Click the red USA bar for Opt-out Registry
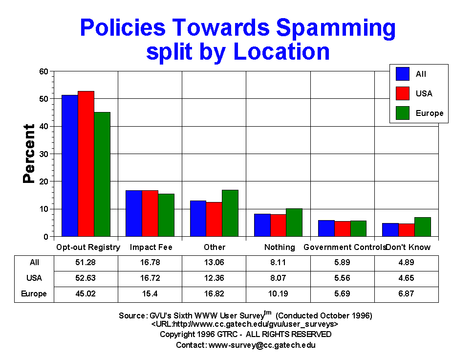[x=86, y=164]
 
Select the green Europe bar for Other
[x=230, y=213]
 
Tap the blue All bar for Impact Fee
[x=134, y=213]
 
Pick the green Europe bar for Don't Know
[x=423, y=227]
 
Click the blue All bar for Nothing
[x=262, y=225]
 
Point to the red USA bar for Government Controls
[x=343, y=229]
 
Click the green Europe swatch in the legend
[x=403, y=113]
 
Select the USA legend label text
[x=424, y=93]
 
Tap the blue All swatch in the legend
[x=403, y=74]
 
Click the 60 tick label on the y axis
[x=43, y=71]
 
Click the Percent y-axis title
[x=29, y=154]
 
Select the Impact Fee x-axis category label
[x=151, y=247]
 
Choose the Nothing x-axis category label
[x=280, y=247]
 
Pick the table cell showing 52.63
[x=86, y=278]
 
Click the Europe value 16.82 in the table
[x=214, y=294]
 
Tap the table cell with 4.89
[x=406, y=263]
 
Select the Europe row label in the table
[x=34, y=294]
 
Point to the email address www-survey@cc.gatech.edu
[x=262, y=345]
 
